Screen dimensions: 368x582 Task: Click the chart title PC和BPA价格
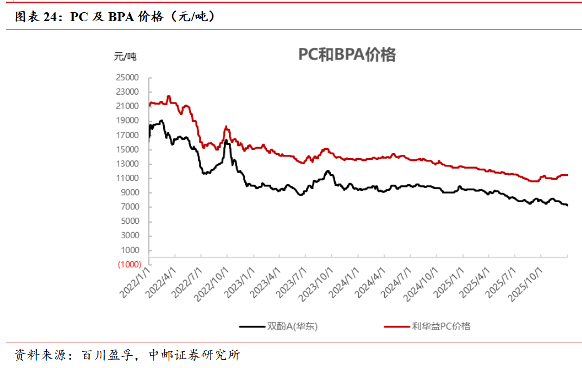pyautogui.click(x=347, y=55)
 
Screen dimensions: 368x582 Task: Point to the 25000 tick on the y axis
pyautogui.click(x=129, y=77)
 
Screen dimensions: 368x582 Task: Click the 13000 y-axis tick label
pyautogui.click(x=129, y=164)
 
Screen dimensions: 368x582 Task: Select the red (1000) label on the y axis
pyautogui.click(x=129, y=264)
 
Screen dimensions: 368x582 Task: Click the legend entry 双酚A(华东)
pyautogui.click(x=292, y=326)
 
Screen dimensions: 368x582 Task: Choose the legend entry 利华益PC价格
pyautogui.click(x=441, y=326)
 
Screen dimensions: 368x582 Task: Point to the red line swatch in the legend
pyautogui.click(x=395, y=326)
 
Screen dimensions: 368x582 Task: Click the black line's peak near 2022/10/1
pyautogui.click(x=226, y=140)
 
